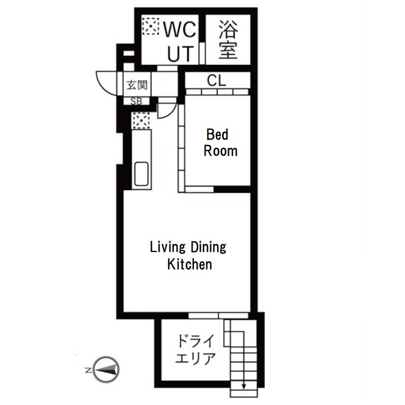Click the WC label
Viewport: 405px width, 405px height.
(180, 29)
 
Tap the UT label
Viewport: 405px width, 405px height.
(181, 53)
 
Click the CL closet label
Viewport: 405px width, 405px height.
(217, 80)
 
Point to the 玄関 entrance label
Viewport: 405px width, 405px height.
(137, 85)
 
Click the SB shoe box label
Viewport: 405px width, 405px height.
(136, 101)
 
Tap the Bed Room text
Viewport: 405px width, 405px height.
(220, 143)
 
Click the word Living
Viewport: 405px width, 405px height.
(168, 247)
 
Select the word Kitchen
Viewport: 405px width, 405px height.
(189, 264)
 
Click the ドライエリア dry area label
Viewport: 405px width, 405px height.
(195, 350)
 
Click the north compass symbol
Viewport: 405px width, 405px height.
(106, 370)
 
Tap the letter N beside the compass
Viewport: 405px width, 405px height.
(88, 370)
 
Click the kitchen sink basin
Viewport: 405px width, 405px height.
(142, 174)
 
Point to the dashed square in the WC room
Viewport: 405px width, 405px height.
(151, 26)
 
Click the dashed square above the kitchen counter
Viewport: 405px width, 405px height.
(141, 121)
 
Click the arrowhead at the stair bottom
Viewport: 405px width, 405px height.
(244, 387)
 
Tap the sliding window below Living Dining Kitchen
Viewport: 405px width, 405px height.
(218, 315)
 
